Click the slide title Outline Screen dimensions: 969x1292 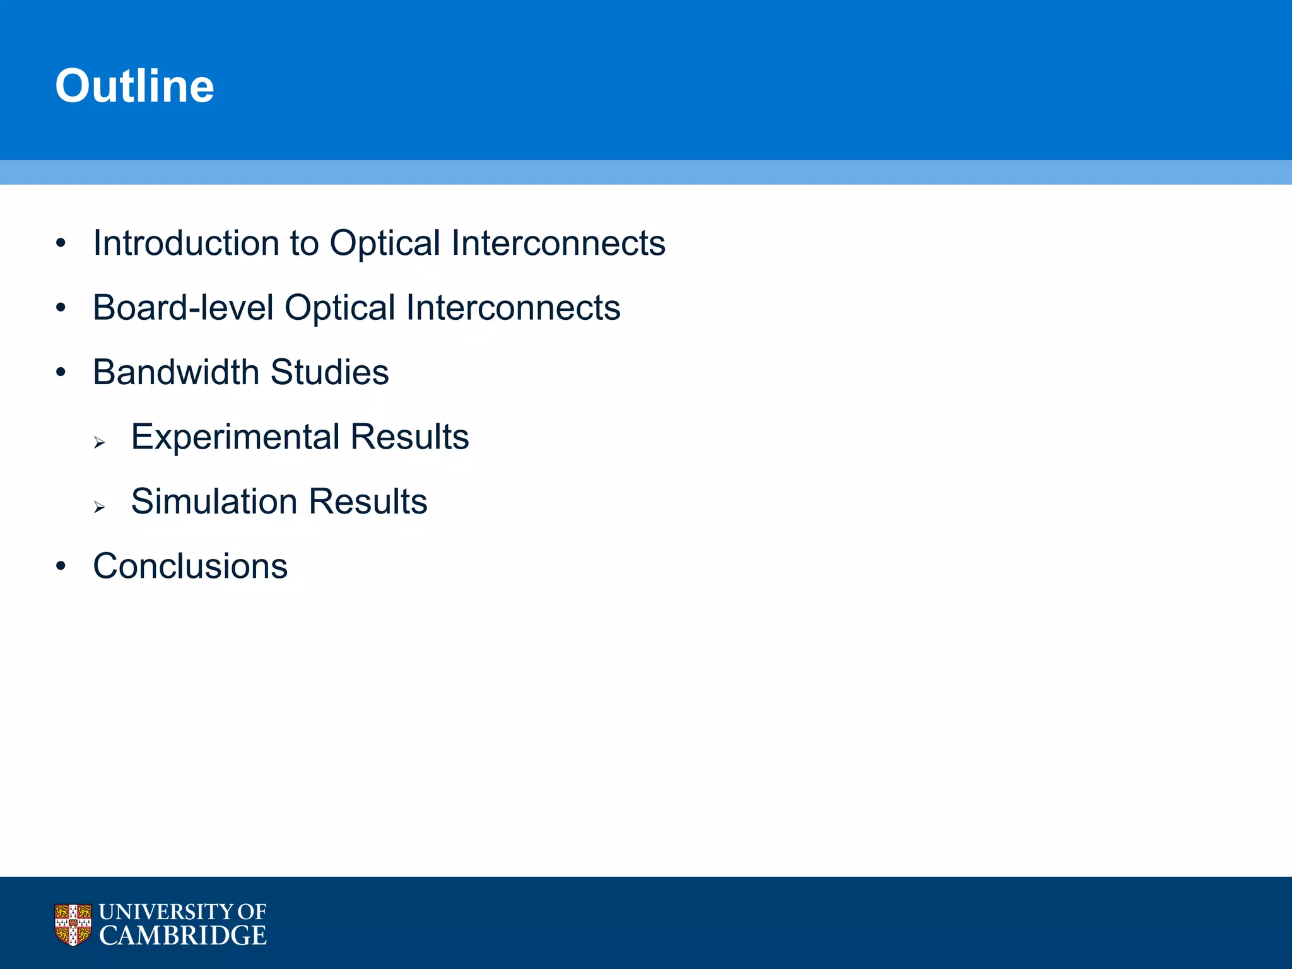pyautogui.click(x=134, y=86)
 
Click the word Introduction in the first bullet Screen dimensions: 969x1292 pyautogui.click(x=186, y=243)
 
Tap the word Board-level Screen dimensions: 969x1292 pyautogui.click(x=183, y=308)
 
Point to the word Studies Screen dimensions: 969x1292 pyautogui.click(x=329, y=372)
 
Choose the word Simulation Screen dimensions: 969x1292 pyautogui.click(x=214, y=502)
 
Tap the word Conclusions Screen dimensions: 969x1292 pyautogui.click(x=190, y=566)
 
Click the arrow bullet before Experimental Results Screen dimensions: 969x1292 pyautogui.click(x=99, y=443)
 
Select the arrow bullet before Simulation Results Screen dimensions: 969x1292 pyautogui.click(x=99, y=507)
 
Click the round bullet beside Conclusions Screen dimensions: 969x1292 pyautogui.click(x=61, y=567)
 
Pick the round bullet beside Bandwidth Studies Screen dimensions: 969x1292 pyautogui.click(x=61, y=372)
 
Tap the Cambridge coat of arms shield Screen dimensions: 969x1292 pyautogui.click(x=73, y=925)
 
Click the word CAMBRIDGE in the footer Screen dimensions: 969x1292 pyautogui.click(x=183, y=936)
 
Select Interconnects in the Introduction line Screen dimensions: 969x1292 pyautogui.click(x=558, y=243)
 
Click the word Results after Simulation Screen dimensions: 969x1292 pyautogui.click(x=368, y=502)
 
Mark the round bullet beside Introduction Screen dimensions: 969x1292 pyautogui.click(x=61, y=244)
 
